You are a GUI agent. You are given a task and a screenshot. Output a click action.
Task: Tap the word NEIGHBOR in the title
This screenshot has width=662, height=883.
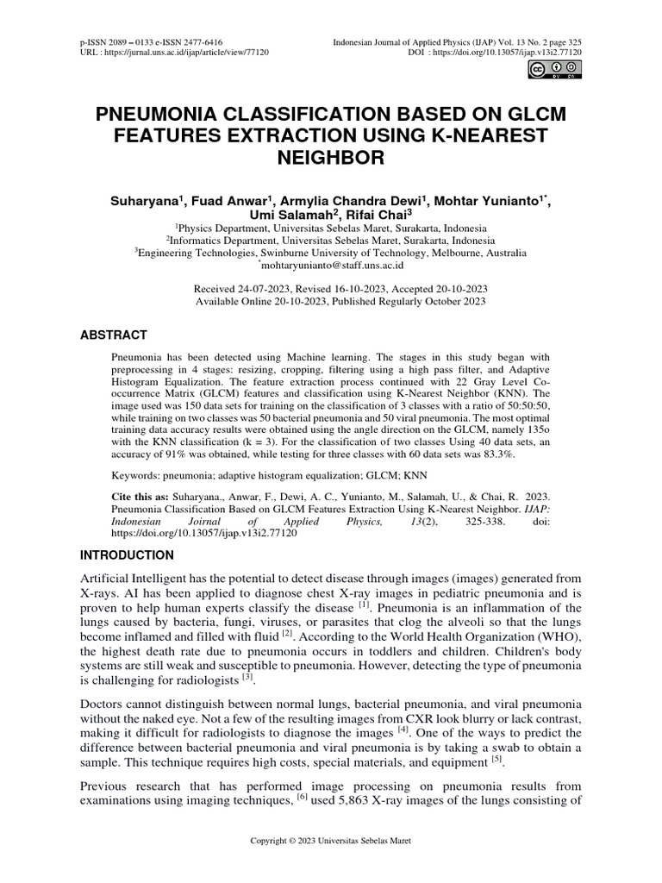330,159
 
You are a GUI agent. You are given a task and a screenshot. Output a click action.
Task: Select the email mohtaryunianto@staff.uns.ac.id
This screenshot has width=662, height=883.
333,268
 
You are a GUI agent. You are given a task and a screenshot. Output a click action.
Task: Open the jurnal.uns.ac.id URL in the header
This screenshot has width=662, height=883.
178,53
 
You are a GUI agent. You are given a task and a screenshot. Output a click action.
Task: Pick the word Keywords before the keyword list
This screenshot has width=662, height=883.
136,475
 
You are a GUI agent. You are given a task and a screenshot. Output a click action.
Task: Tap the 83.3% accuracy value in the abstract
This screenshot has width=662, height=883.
491,455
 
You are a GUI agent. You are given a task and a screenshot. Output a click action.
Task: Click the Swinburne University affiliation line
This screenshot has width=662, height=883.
330,254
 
